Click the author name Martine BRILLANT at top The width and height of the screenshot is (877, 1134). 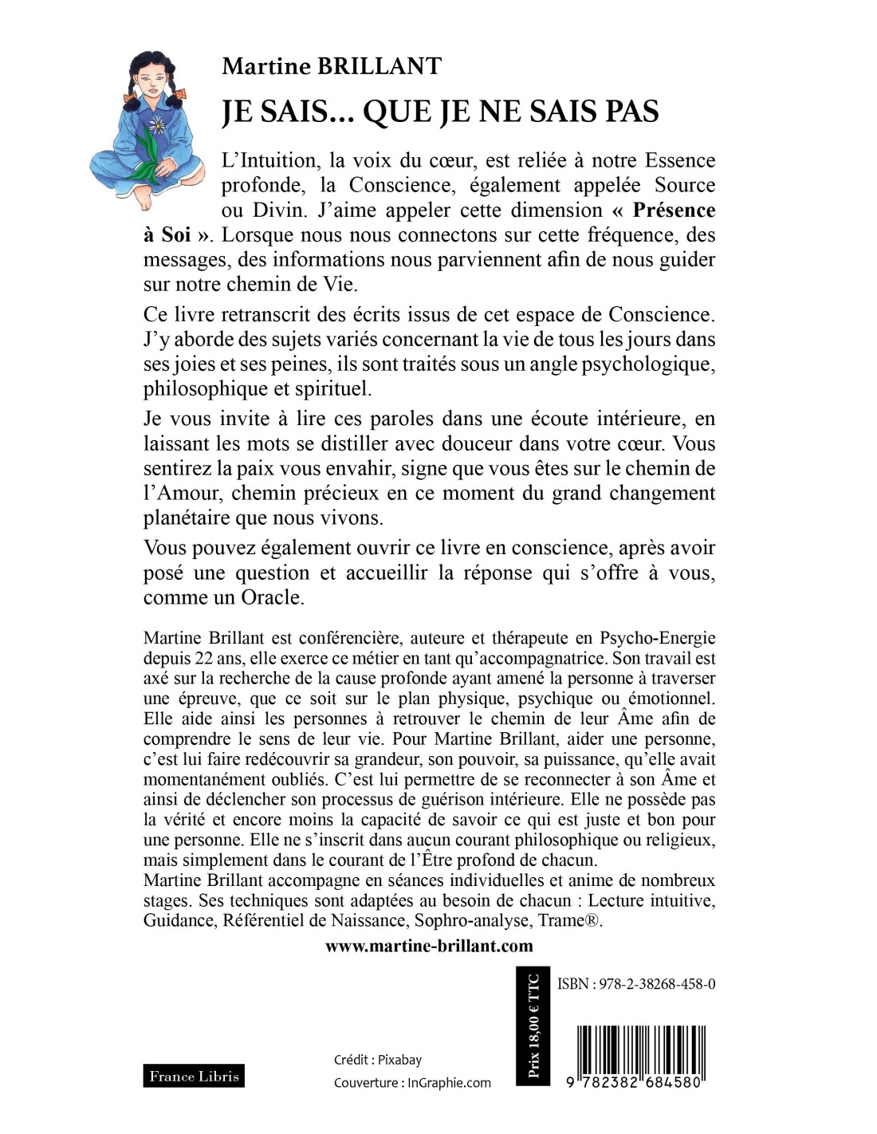[331, 66]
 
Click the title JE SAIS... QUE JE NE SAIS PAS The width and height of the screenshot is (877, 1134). [440, 112]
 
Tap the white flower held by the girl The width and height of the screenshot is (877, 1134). [157, 124]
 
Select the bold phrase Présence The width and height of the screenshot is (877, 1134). [673, 211]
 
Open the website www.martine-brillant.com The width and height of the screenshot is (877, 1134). [429, 946]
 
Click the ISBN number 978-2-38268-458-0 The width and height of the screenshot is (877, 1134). [635, 984]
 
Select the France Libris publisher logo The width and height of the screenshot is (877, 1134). [194, 1077]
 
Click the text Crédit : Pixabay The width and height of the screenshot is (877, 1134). [378, 1060]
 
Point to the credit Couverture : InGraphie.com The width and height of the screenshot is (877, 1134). [412, 1083]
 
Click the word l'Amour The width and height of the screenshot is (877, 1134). [180, 493]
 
